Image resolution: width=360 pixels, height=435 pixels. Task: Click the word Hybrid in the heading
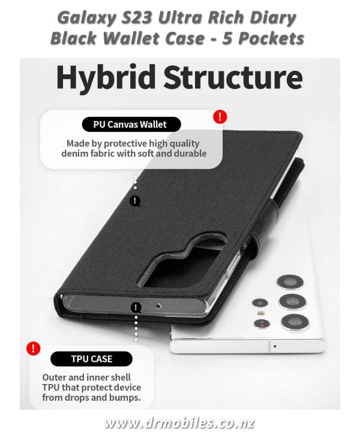[106, 77]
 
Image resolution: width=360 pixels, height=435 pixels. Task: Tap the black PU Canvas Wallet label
[131, 124]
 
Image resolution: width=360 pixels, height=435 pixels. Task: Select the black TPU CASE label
[92, 359]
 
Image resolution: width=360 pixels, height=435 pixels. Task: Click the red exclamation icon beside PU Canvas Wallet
[220, 116]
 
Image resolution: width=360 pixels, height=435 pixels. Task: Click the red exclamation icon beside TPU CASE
[34, 348]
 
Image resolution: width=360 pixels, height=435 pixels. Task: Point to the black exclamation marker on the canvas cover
[135, 201]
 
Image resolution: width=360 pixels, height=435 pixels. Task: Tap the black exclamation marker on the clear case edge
[136, 307]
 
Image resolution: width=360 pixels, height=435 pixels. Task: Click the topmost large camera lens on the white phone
[290, 282]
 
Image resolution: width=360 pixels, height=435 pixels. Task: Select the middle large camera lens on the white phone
[292, 302]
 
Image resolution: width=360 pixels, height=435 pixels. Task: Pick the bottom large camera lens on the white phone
[295, 322]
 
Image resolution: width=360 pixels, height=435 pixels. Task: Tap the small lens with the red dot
[262, 323]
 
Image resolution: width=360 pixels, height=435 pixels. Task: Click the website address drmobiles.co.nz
[179, 424]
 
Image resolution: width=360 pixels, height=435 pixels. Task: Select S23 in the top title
[137, 19]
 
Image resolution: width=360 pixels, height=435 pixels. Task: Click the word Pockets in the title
[271, 38]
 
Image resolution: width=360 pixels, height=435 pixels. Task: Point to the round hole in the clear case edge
[158, 306]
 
